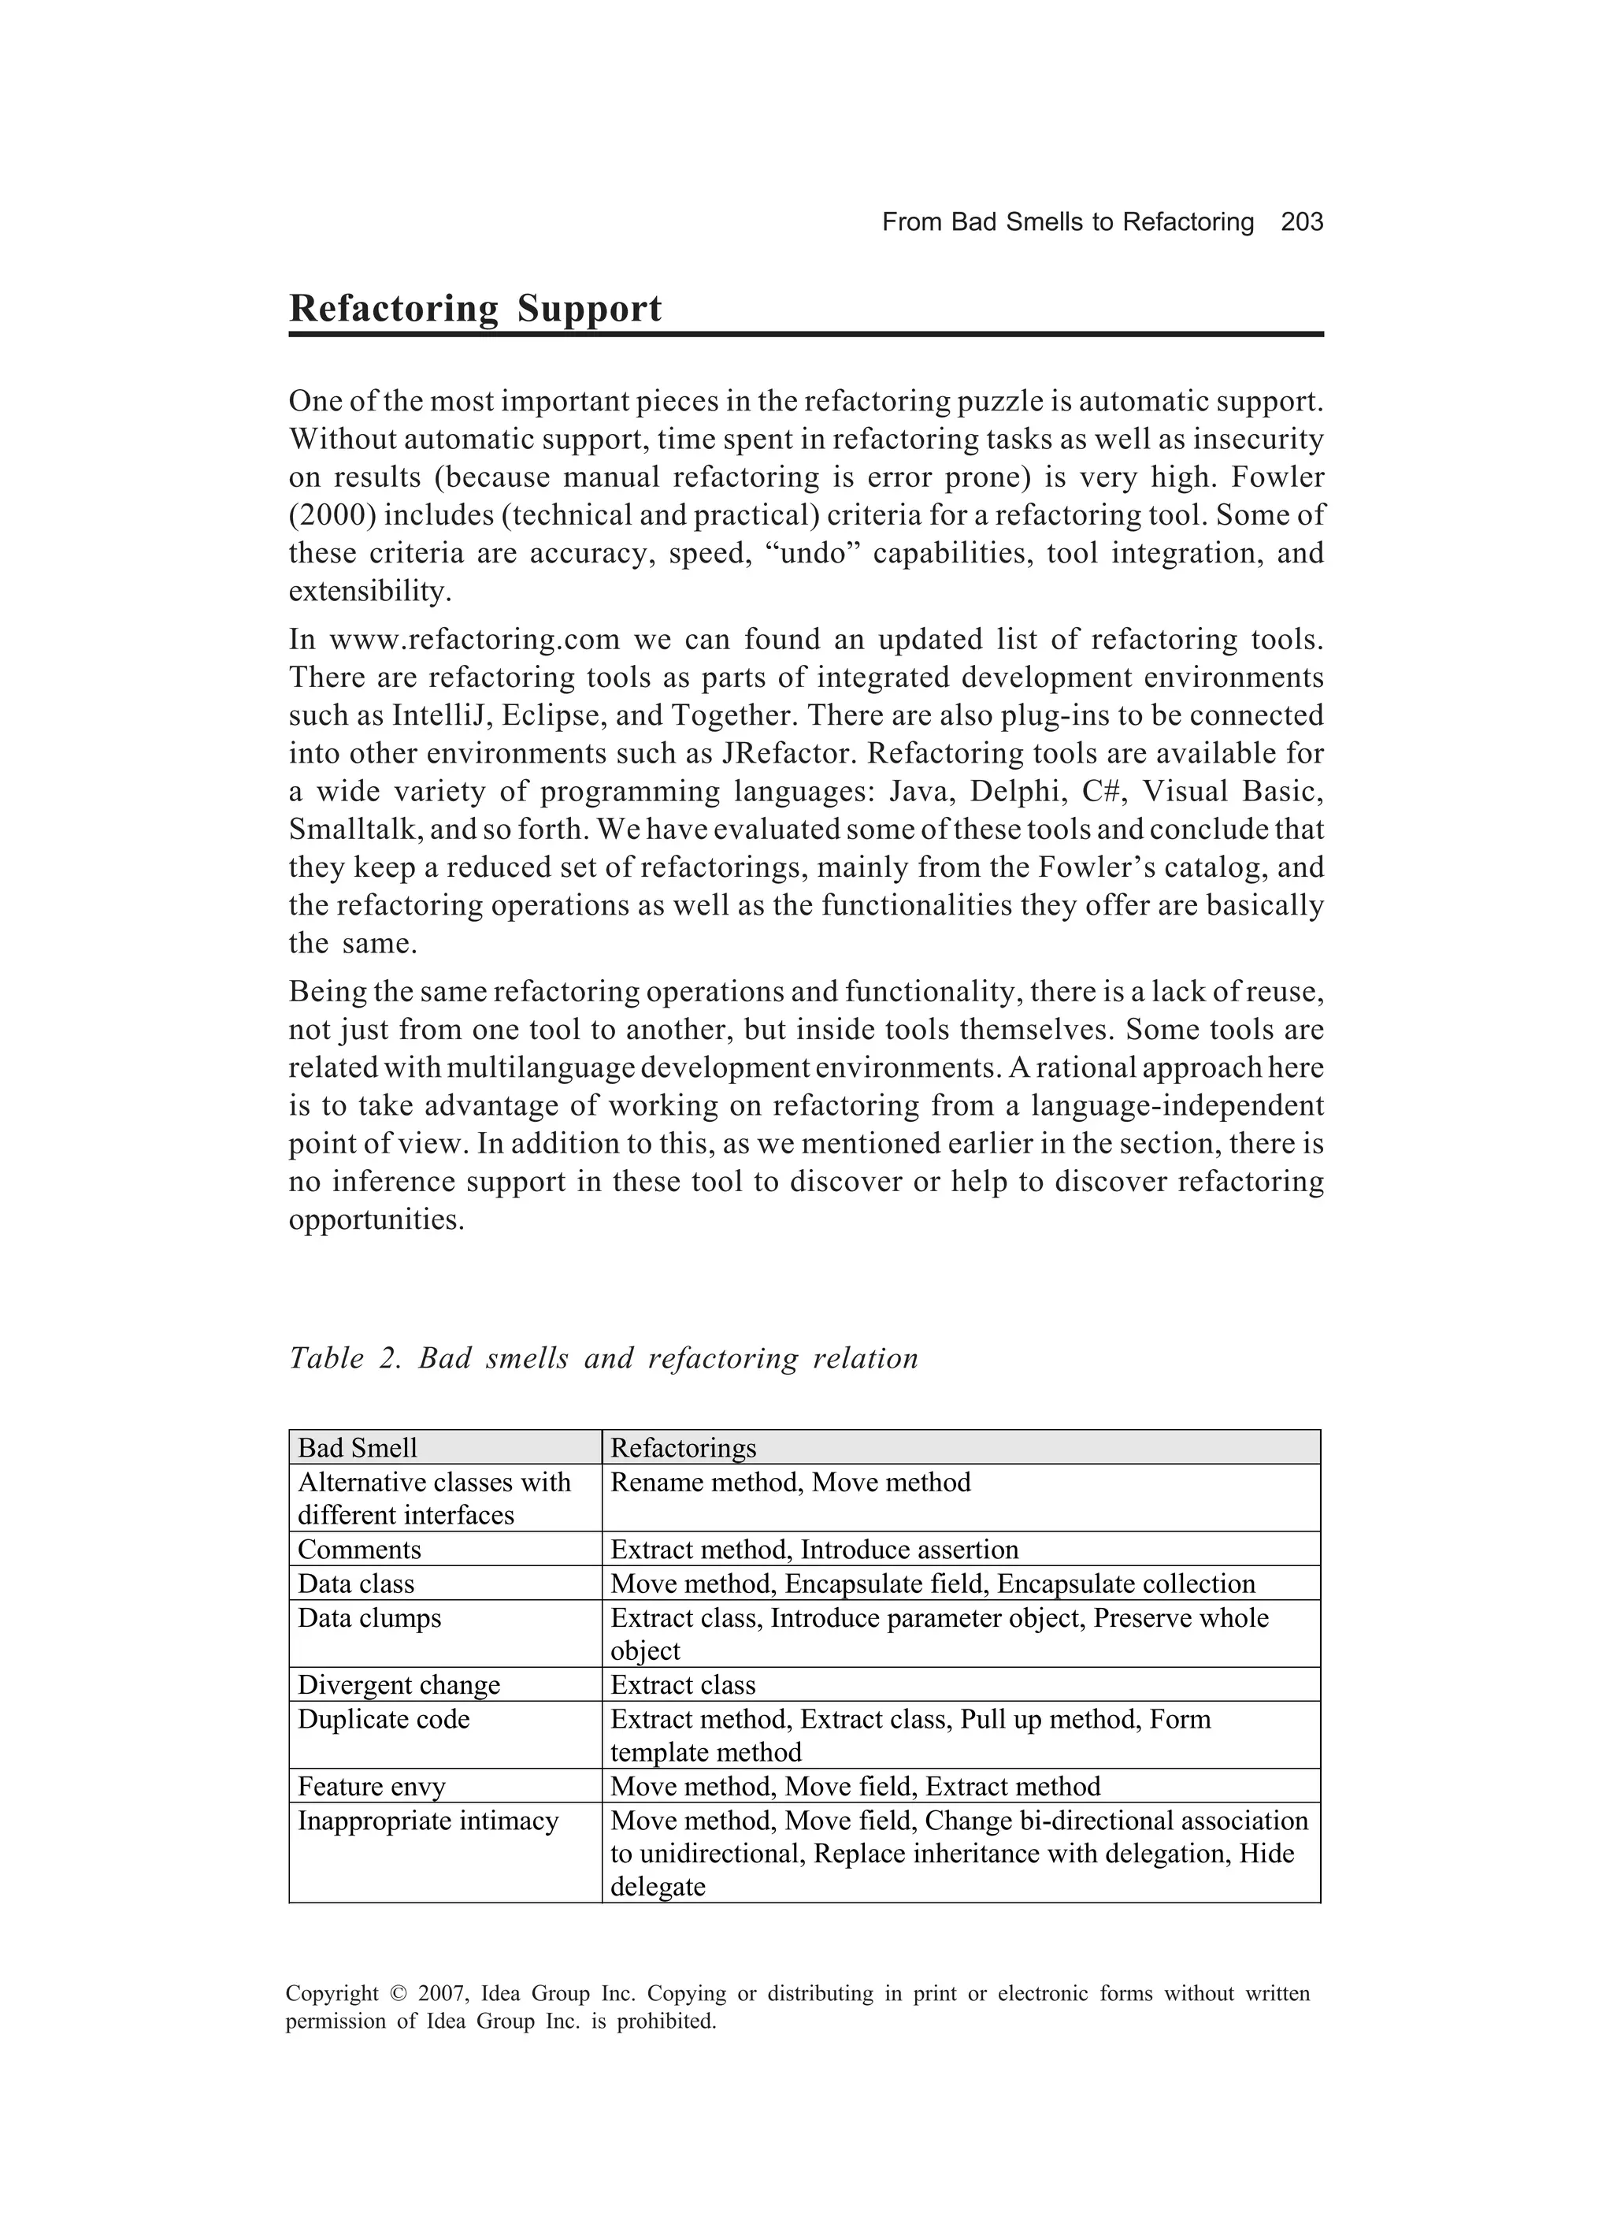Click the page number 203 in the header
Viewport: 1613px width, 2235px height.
click(1302, 223)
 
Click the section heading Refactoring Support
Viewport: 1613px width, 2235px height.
click(475, 309)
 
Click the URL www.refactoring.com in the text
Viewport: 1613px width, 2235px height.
click(474, 640)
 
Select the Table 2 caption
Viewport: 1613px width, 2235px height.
click(603, 1358)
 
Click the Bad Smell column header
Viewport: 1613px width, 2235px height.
click(358, 1448)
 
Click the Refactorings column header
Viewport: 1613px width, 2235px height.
click(683, 1448)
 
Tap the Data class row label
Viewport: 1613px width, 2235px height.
click(356, 1583)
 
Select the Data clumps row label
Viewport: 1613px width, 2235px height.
click(369, 1618)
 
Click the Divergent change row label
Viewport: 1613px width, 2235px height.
click(399, 1685)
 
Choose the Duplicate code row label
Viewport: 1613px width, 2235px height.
click(384, 1720)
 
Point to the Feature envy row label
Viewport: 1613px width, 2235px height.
click(372, 1787)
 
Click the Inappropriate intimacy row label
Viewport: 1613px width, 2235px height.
click(428, 1821)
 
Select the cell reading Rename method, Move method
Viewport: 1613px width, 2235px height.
click(790, 1482)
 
